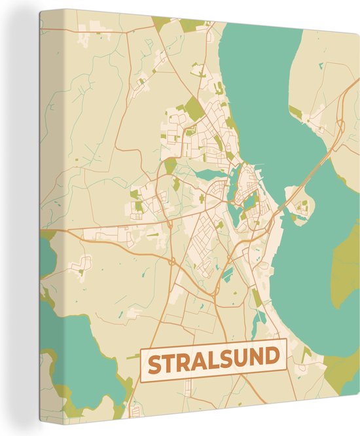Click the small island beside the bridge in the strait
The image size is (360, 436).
tap(300, 210)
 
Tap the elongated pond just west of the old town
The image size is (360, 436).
tap(213, 174)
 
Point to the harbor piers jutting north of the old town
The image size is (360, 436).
tap(259, 168)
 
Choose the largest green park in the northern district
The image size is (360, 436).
tap(193, 108)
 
